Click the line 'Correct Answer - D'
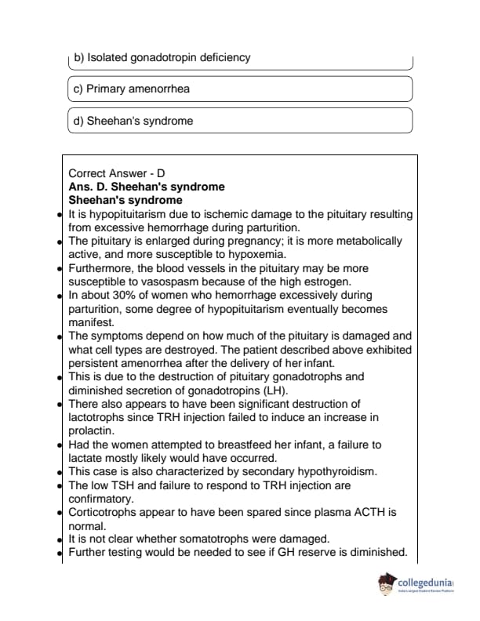[x=117, y=172]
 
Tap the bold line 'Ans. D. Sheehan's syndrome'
[x=147, y=187]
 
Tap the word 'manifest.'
[x=91, y=321]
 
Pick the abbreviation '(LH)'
[x=276, y=390]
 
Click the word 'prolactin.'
[x=92, y=430]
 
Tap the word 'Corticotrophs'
[x=105, y=512]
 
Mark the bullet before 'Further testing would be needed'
[x=60, y=554]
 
